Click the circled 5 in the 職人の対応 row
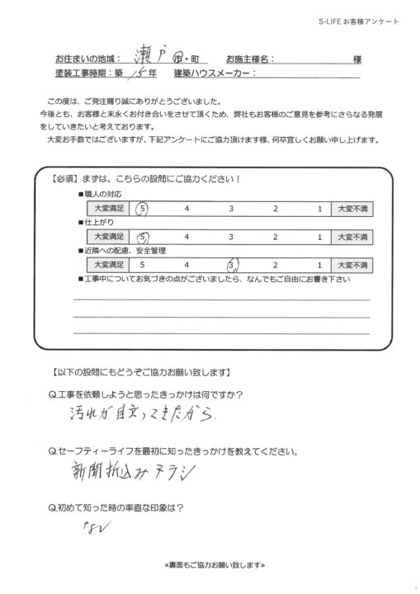[x=143, y=209]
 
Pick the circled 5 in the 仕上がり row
[x=143, y=237]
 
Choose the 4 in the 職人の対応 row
[x=188, y=209]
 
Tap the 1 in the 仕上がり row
[x=319, y=237]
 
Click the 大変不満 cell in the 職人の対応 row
[x=353, y=209]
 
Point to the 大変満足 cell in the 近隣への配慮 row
[x=107, y=265]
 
